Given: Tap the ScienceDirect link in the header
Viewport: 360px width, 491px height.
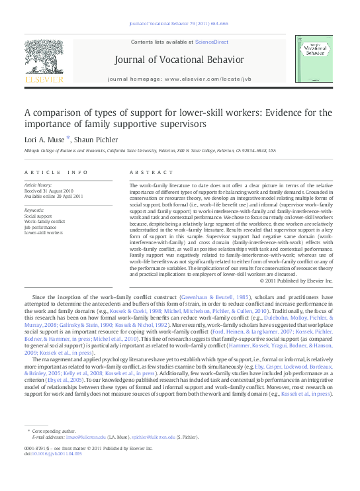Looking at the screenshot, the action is tap(212, 42).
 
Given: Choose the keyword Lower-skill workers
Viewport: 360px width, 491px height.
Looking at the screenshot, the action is tap(44, 233).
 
